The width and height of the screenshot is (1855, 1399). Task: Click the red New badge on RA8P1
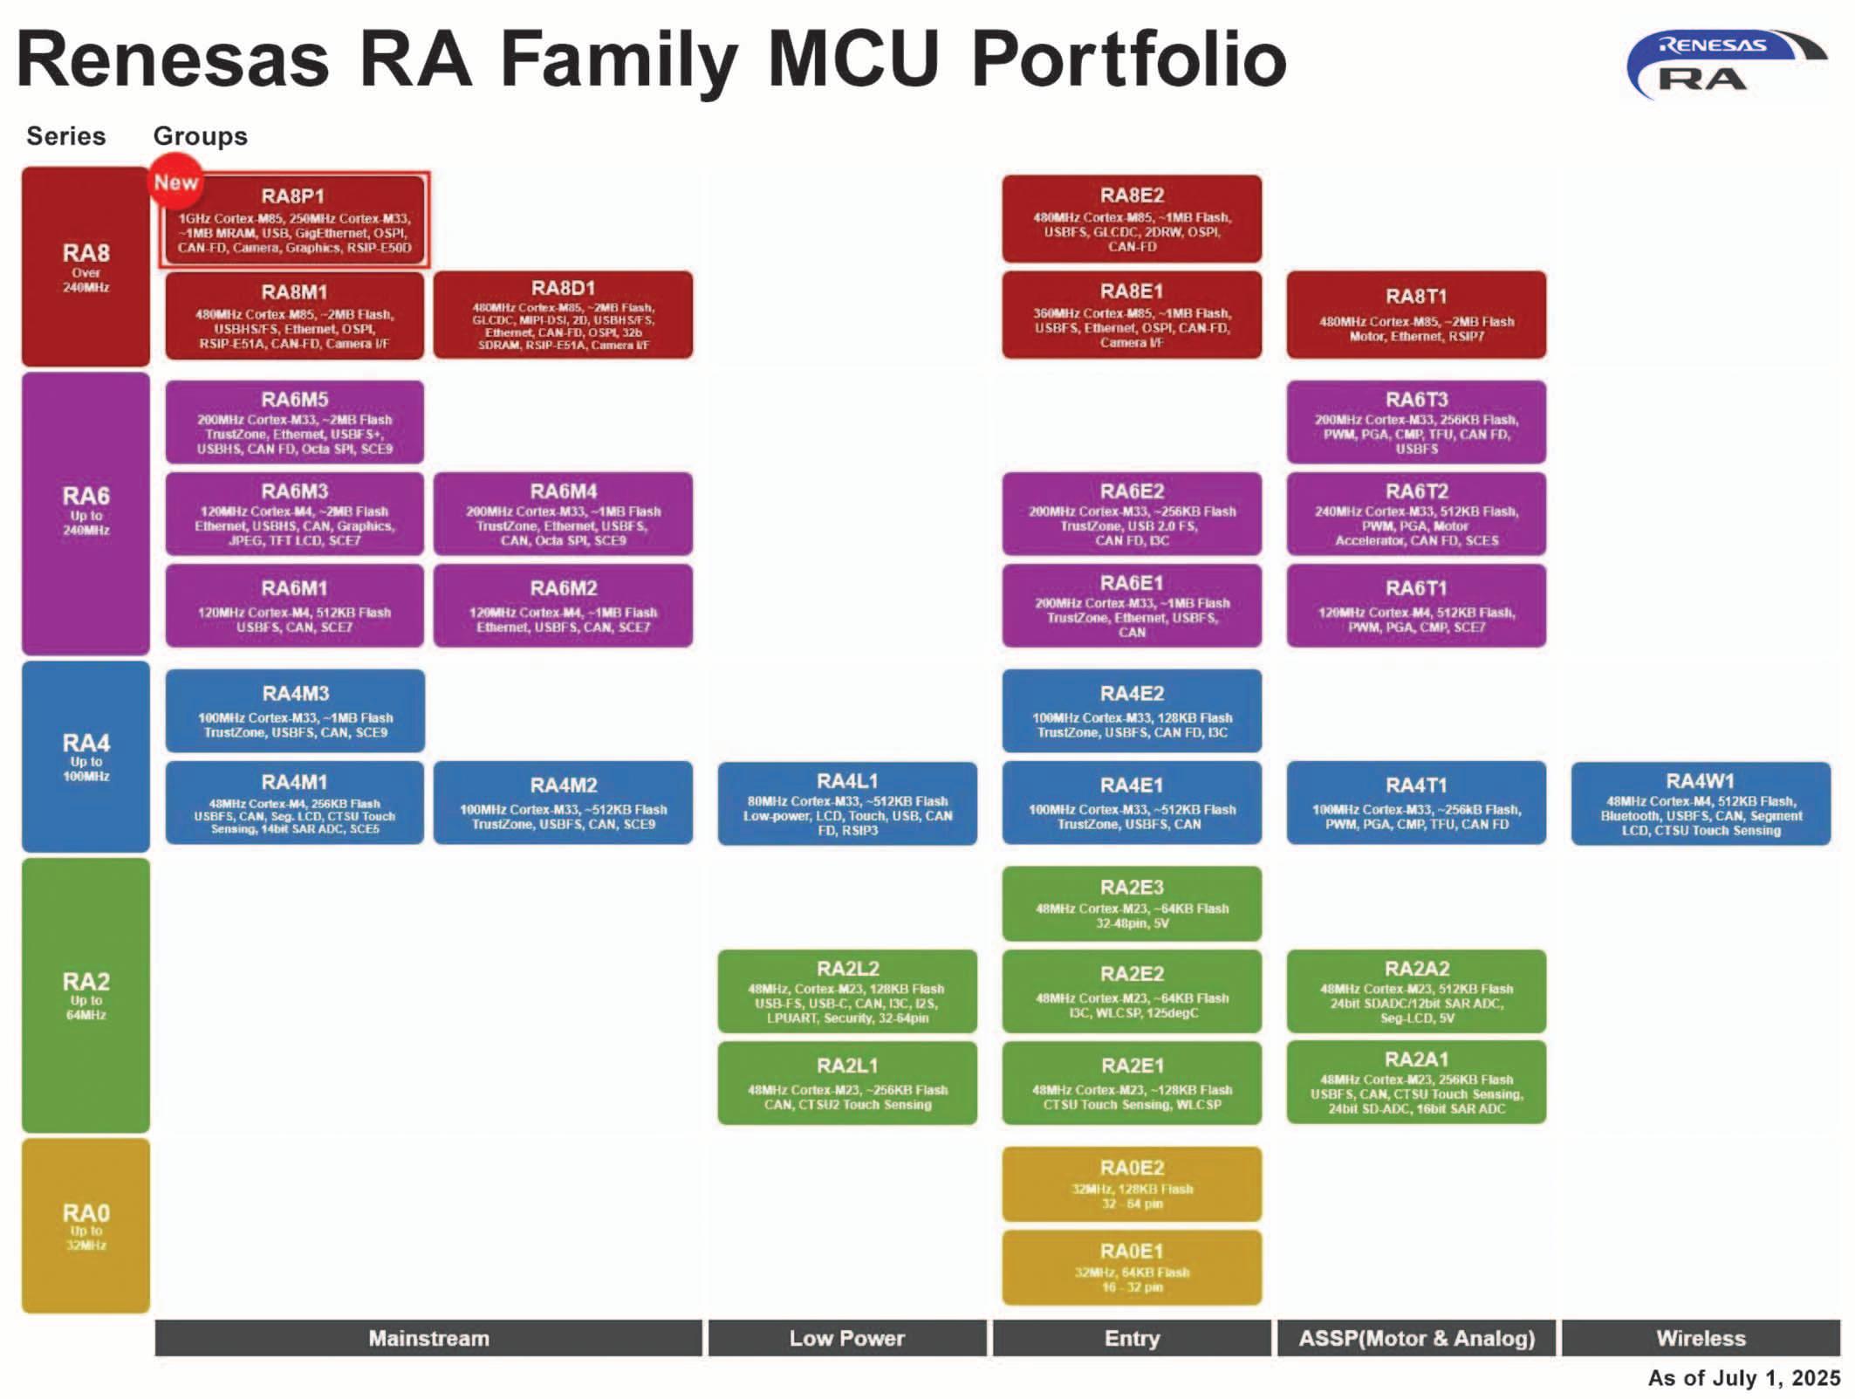pyautogui.click(x=175, y=181)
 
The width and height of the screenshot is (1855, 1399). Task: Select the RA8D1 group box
pyautogui.click(x=563, y=314)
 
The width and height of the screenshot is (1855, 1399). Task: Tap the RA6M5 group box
pyautogui.click(x=294, y=422)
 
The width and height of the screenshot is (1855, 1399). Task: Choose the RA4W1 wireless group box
pyautogui.click(x=1700, y=803)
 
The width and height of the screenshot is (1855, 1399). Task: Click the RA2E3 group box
pyautogui.click(x=1131, y=903)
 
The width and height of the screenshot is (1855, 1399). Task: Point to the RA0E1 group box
pyautogui.click(x=1131, y=1267)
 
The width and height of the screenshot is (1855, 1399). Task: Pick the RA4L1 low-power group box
pyautogui.click(x=846, y=803)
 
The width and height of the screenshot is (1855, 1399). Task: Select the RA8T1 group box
pyautogui.click(x=1415, y=314)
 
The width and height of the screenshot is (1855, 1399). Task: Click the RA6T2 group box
pyautogui.click(x=1415, y=513)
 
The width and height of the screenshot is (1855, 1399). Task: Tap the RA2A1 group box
pyautogui.click(x=1415, y=1081)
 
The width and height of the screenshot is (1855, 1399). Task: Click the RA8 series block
pyautogui.click(x=86, y=266)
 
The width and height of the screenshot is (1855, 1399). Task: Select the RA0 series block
pyautogui.click(x=86, y=1225)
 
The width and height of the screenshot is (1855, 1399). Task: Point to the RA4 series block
pyautogui.click(x=86, y=756)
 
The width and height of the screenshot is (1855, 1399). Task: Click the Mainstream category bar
pyautogui.click(x=428, y=1338)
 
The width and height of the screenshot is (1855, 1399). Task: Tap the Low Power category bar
pyautogui.click(x=846, y=1338)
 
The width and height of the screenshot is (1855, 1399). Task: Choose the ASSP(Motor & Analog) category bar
pyautogui.click(x=1415, y=1338)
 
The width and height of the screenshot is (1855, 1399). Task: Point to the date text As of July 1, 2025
pyautogui.click(x=1742, y=1378)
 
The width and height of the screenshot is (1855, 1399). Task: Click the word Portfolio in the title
pyautogui.click(x=1127, y=59)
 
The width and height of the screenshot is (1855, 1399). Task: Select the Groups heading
pyautogui.click(x=200, y=136)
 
